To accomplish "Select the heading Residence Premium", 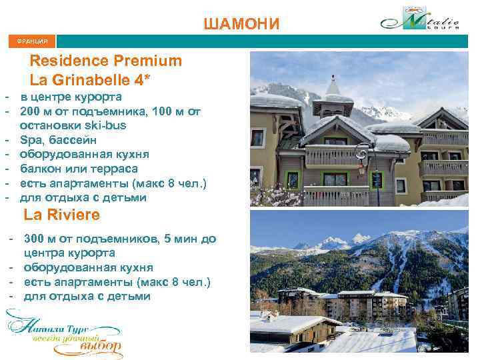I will (106, 61).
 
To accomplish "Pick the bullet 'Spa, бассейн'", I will (58, 140).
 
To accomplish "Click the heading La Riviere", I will (62, 215).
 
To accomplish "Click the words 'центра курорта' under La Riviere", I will (69, 253).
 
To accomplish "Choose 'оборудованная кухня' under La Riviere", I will (88, 267).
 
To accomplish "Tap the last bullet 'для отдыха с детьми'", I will (87, 296).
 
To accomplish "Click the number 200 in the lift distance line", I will (31, 111).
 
